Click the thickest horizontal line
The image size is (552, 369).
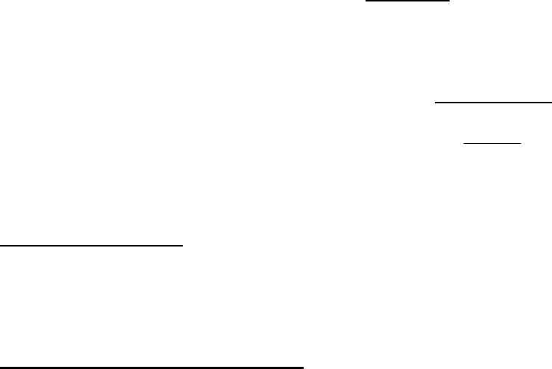152,366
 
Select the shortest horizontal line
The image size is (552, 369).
492,143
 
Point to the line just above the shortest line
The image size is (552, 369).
492,103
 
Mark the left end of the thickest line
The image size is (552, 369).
0,366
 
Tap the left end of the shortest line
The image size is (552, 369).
463,143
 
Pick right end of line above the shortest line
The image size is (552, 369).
551,103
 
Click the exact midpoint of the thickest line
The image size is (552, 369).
152,366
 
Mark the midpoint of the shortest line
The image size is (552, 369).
492,143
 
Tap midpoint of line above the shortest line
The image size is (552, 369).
492,103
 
